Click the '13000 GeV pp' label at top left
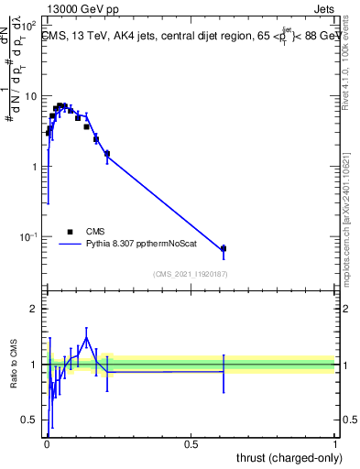pos(80,10)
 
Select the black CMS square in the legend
pos(71,232)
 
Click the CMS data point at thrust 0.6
pos(224,248)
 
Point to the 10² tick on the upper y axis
pos(30,25)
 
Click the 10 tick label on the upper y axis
pos(32,96)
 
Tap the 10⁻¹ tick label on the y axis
pos(30,237)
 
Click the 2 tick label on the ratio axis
pos(36,309)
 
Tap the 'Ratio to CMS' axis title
pos(13,365)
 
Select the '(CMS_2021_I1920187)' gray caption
pos(190,273)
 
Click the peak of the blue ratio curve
pos(87,338)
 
